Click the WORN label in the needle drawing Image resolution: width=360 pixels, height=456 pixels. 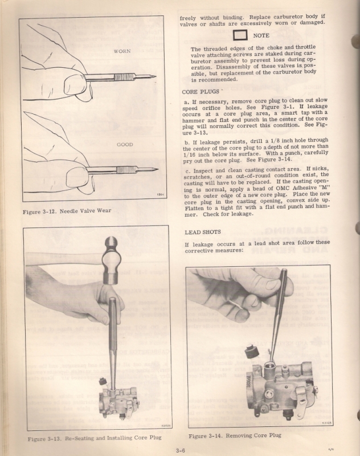[x=122, y=51]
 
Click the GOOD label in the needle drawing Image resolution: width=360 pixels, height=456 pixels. [x=125, y=145]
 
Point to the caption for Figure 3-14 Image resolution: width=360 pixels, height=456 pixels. [x=235, y=435]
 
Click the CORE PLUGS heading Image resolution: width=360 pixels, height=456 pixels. [x=201, y=91]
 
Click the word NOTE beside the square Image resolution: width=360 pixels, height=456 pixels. [x=261, y=35]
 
